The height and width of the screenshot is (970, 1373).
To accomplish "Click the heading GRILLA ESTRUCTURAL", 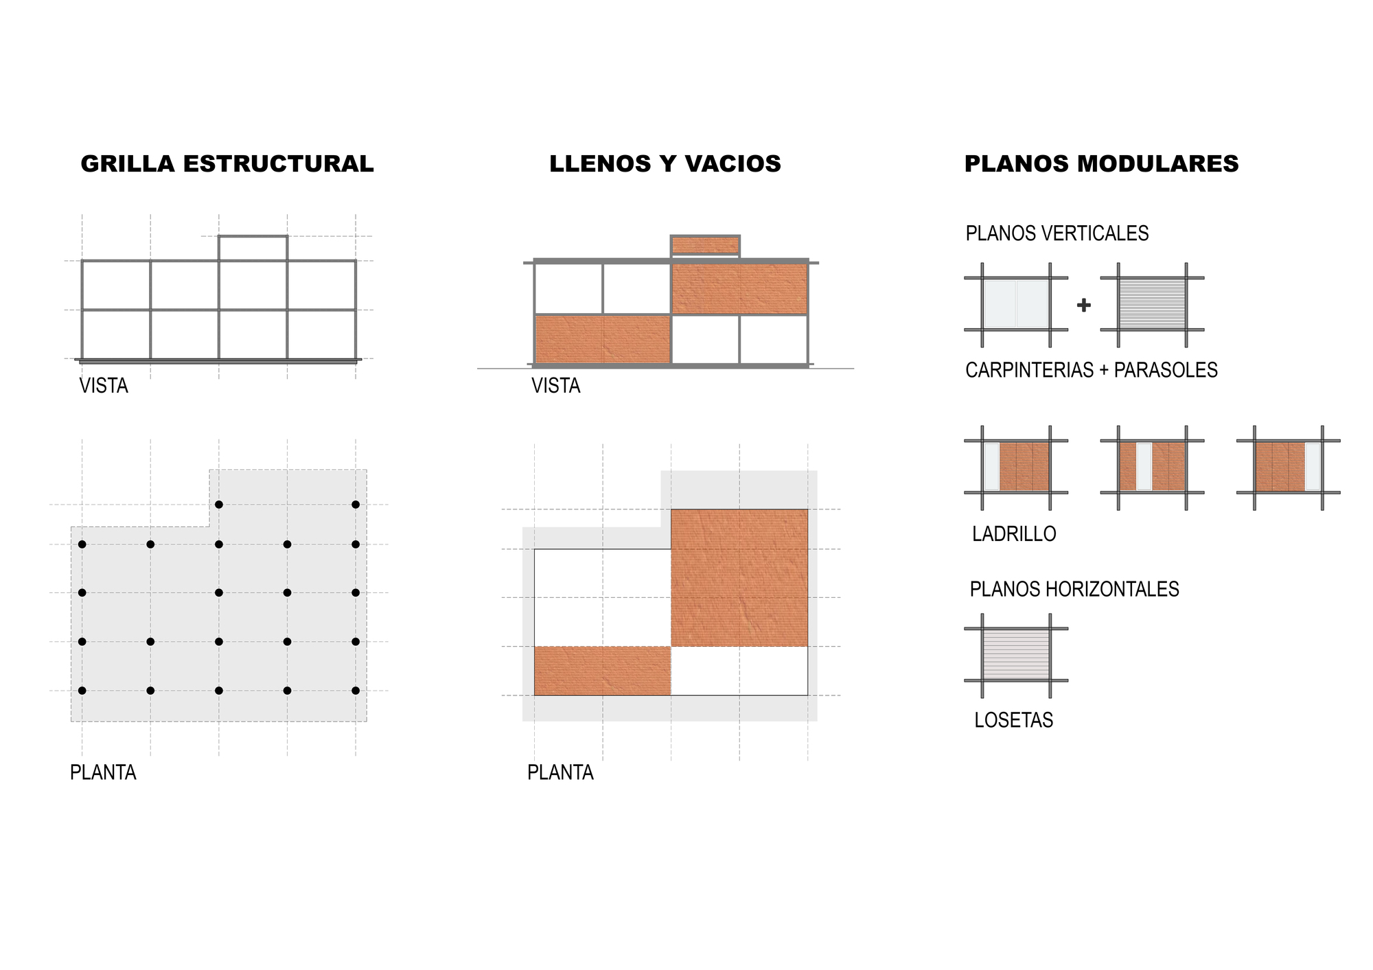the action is [227, 164].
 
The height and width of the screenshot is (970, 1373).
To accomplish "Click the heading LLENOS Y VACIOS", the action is [665, 164].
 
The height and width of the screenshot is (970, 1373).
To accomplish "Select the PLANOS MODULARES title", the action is [1101, 164].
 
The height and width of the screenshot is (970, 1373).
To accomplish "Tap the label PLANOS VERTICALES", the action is [1057, 233].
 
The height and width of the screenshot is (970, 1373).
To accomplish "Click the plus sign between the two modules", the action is [1084, 305].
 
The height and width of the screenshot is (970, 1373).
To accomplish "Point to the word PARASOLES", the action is [1166, 370].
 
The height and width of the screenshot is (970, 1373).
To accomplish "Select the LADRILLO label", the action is [1014, 534].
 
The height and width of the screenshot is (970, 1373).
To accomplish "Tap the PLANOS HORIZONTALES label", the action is [1074, 589].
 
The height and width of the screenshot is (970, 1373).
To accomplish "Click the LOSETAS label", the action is [1014, 720].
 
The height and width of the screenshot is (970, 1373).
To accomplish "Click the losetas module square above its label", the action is [1016, 655].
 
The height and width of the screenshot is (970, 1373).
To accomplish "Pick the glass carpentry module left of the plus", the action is [1016, 304].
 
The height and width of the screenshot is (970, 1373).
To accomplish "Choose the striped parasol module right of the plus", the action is [1153, 304].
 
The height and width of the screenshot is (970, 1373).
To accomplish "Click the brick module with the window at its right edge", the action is [1289, 467].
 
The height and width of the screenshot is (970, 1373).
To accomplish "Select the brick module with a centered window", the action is [1153, 467].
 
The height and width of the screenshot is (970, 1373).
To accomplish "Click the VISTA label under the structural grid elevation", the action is [104, 386].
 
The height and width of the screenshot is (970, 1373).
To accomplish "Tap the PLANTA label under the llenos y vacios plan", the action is [560, 773].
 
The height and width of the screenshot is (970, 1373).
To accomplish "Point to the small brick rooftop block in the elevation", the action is [706, 245].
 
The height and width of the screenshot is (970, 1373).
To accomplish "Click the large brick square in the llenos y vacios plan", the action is [739, 578].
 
